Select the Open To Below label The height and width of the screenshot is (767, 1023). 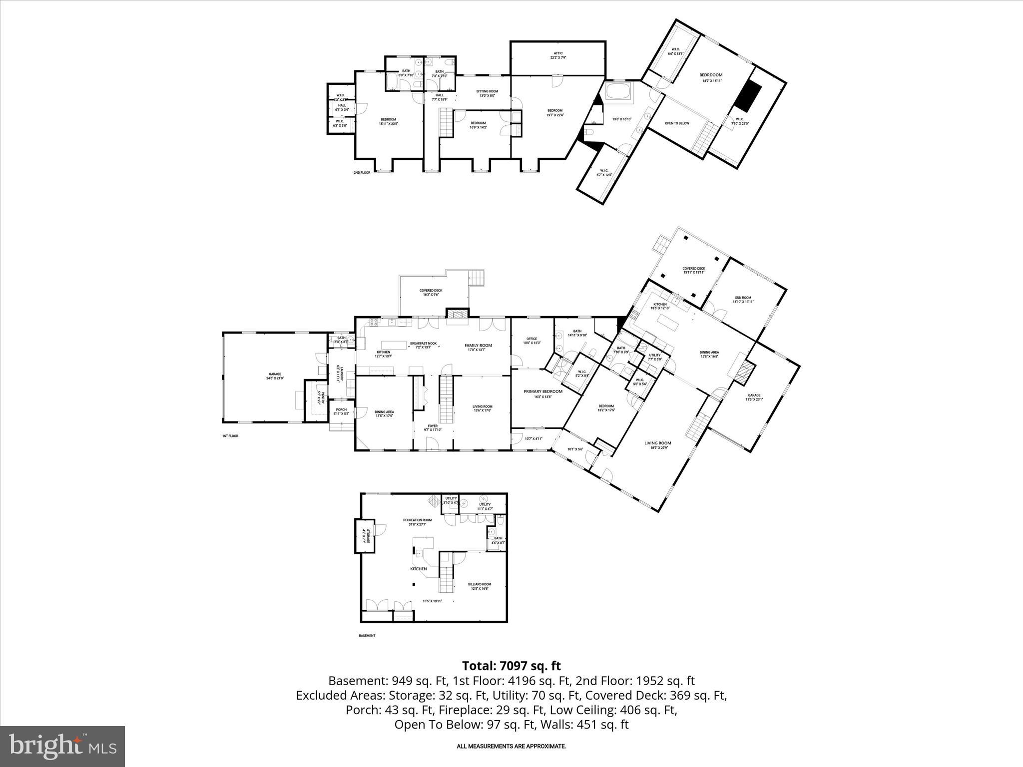[677, 123]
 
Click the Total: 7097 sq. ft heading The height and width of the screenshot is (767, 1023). [511, 666]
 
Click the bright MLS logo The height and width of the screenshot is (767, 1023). [62, 746]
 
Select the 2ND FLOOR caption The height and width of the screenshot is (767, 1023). [362, 173]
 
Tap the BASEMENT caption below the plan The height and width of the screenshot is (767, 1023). [367, 636]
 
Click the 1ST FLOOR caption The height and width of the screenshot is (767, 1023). [230, 436]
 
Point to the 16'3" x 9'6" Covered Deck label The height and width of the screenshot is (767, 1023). [431, 293]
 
